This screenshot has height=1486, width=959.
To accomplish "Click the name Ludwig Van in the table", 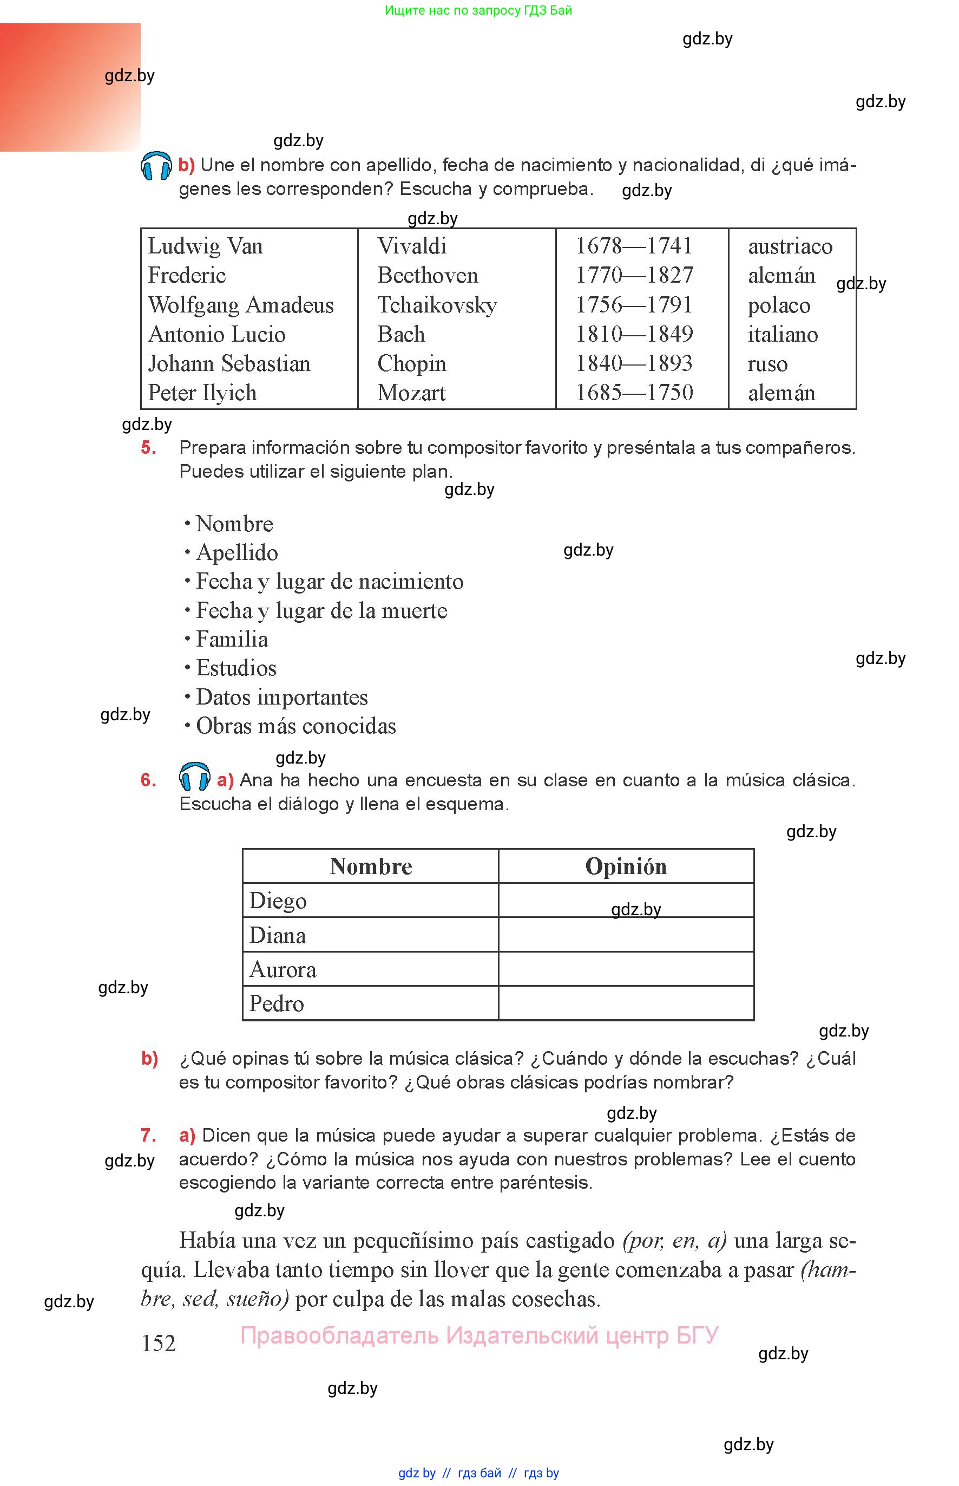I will pyautogui.click(x=205, y=246).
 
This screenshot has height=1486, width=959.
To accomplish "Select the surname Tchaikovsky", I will pyautogui.click(x=437, y=305).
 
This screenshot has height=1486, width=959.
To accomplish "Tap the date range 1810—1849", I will pyautogui.click(x=633, y=334).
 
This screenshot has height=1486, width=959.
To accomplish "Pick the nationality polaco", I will pyautogui.click(x=778, y=305).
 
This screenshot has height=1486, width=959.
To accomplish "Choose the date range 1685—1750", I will pyautogui.click(x=633, y=393).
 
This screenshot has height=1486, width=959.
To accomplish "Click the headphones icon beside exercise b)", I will pyautogui.click(x=156, y=166).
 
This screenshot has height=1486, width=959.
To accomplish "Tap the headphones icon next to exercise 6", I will pyautogui.click(x=194, y=777).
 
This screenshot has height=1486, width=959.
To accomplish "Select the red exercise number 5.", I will pyautogui.click(x=148, y=447).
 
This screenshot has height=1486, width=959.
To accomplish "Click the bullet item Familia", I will pyautogui.click(x=232, y=639).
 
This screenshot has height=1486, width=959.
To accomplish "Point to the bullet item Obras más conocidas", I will pyautogui.click(x=296, y=726).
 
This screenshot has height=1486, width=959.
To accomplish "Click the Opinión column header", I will pyautogui.click(x=626, y=866).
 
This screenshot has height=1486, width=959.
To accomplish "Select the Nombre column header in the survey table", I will pyautogui.click(x=371, y=866).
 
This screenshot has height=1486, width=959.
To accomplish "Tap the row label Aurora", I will pyautogui.click(x=283, y=969).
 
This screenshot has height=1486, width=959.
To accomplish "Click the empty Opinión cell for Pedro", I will pyautogui.click(x=626, y=1003).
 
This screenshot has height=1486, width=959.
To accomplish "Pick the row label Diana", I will pyautogui.click(x=277, y=935).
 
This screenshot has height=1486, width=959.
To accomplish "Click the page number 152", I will pyautogui.click(x=158, y=1342).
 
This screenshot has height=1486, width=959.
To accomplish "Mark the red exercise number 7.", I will pyautogui.click(x=148, y=1135).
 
